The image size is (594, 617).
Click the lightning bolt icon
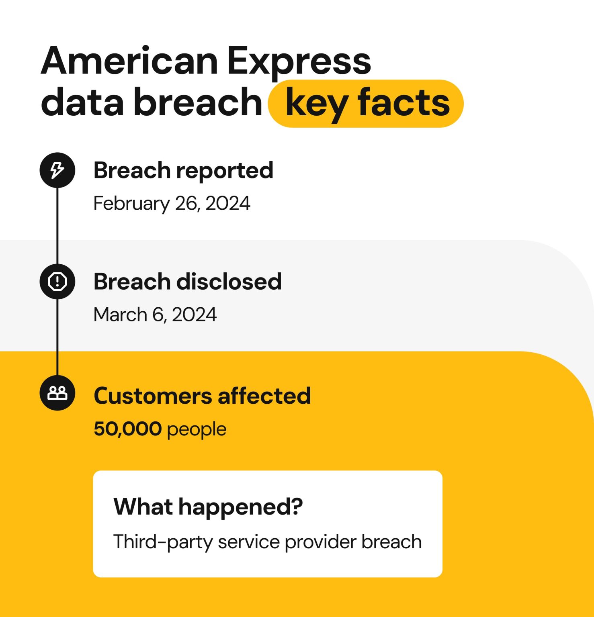tap(57, 170)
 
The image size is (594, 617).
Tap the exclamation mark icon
tap(57, 281)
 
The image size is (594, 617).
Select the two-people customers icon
tap(57, 393)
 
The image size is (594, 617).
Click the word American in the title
tap(129, 61)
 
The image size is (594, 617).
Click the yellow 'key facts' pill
tap(366, 103)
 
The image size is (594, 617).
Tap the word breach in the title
tap(198, 102)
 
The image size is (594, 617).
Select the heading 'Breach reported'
tap(183, 171)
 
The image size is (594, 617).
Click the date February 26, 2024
tap(172, 203)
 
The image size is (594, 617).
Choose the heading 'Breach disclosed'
tap(187, 281)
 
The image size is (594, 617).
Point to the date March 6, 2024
tap(155, 315)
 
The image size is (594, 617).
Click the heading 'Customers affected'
tap(202, 396)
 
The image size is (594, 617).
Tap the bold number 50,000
tap(127, 429)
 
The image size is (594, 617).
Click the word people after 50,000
tap(197, 430)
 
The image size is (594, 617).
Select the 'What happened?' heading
tap(208, 507)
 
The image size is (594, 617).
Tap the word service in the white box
tap(249, 542)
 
